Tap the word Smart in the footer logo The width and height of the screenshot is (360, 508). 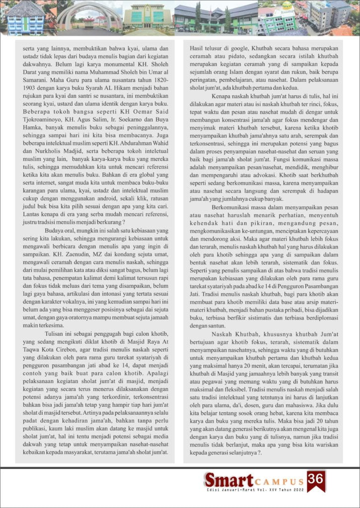(228, 480)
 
